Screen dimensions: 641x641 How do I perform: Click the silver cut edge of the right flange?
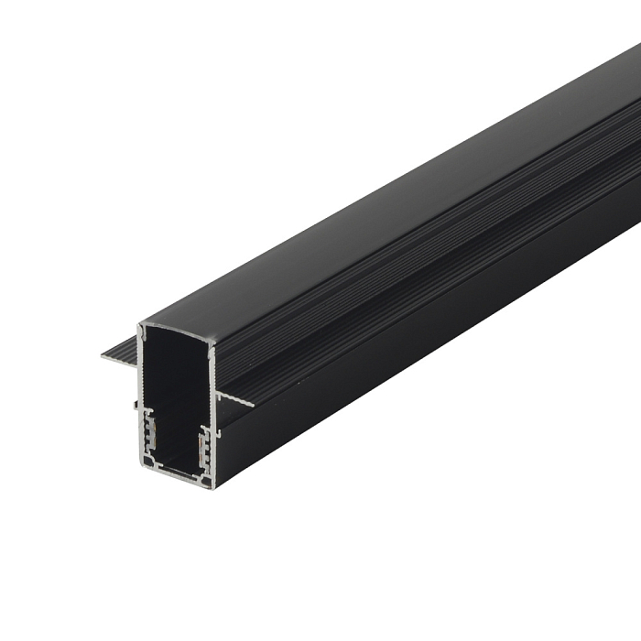click(x=235, y=401)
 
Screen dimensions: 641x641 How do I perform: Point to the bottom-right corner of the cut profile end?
click(x=212, y=486)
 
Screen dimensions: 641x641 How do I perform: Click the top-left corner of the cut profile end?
click(x=140, y=325)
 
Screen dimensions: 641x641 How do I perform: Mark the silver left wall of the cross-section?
click(x=141, y=385)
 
